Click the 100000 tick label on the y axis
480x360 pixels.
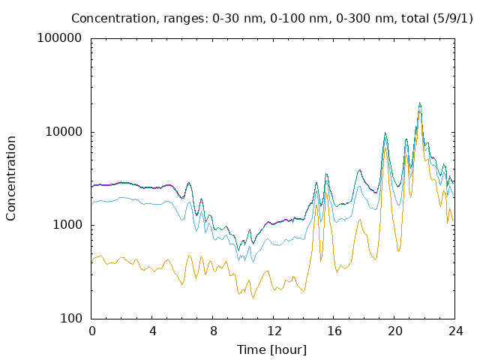59,38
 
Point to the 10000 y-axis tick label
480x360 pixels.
64,132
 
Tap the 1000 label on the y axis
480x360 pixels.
67,225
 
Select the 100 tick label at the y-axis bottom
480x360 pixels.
71,318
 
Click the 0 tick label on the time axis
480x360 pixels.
91,331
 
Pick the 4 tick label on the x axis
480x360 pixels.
152,331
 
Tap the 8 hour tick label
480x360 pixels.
213,331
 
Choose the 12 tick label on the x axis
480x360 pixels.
274,331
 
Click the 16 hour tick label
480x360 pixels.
334,331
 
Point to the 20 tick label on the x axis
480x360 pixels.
395,331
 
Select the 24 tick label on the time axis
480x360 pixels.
455,331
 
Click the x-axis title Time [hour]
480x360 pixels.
271,349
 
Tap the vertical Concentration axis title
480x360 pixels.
10,178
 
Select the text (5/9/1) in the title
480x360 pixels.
453,19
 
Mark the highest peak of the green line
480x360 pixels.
420,103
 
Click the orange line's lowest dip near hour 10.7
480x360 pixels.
253,298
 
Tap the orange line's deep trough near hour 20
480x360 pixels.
398,251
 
